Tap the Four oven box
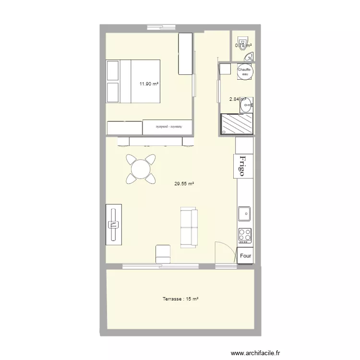point(245,256)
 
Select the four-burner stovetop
point(245,235)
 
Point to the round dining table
point(141,169)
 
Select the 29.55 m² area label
point(184,183)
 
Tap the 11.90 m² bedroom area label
point(149,84)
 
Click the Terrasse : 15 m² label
point(180,299)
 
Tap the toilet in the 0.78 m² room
point(243,45)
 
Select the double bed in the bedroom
point(133,81)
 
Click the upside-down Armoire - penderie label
point(168,127)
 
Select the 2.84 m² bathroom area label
point(238,99)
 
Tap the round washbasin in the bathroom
point(246,106)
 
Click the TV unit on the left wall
point(114,225)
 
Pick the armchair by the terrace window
point(163,253)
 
